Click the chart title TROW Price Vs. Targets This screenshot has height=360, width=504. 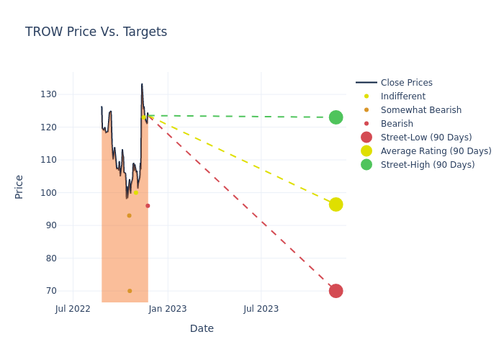click(96, 32)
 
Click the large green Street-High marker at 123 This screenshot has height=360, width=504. click(336, 117)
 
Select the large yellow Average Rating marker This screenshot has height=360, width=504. click(336, 204)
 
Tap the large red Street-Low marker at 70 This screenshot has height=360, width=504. click(336, 291)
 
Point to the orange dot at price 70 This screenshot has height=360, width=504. click(130, 291)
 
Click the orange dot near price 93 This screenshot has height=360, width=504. click(129, 215)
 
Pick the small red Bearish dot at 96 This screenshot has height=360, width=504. click(148, 206)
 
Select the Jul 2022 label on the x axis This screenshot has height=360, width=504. click(73, 309)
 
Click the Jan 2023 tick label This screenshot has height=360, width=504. click(168, 309)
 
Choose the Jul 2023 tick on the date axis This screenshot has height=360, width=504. click(261, 309)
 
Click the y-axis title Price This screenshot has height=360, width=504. click(19, 186)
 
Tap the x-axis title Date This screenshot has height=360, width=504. click(202, 328)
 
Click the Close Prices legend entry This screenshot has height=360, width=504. click(406, 83)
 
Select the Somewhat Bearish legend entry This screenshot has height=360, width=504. click(420, 110)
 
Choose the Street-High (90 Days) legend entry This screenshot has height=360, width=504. click(428, 165)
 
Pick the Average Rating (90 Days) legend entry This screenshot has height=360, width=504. click(436, 151)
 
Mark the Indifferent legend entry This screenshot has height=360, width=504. click(402, 96)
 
